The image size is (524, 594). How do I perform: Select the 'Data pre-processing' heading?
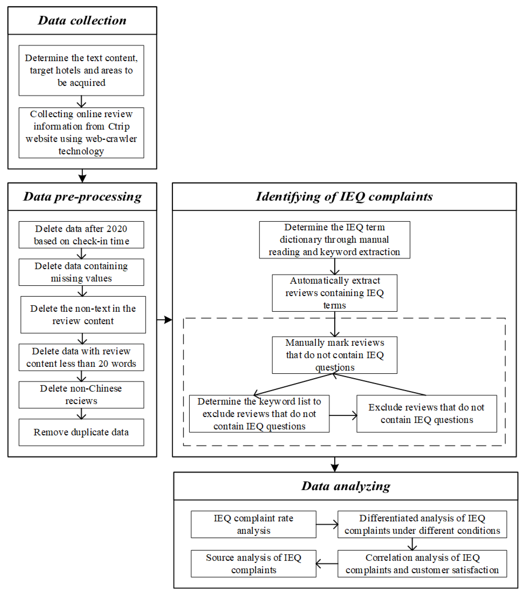click(x=82, y=197)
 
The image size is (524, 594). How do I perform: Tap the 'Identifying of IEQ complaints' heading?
click(x=344, y=197)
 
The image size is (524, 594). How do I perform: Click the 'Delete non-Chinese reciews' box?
click(x=81, y=395)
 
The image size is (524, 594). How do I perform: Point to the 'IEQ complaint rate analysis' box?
click(x=253, y=524)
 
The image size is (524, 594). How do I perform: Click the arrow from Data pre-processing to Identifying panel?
click(x=165, y=320)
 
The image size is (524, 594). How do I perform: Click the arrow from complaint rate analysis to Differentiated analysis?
click(x=327, y=524)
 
